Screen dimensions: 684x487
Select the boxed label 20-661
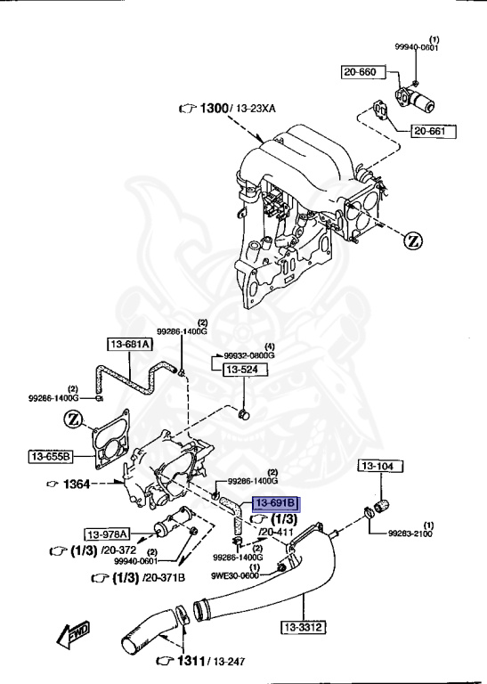(x=433, y=132)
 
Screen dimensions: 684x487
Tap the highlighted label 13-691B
(x=277, y=504)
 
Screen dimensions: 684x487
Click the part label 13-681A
(x=131, y=344)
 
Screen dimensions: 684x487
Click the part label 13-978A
(x=108, y=533)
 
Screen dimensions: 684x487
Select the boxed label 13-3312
(x=303, y=627)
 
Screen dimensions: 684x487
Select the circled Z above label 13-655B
(x=76, y=420)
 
